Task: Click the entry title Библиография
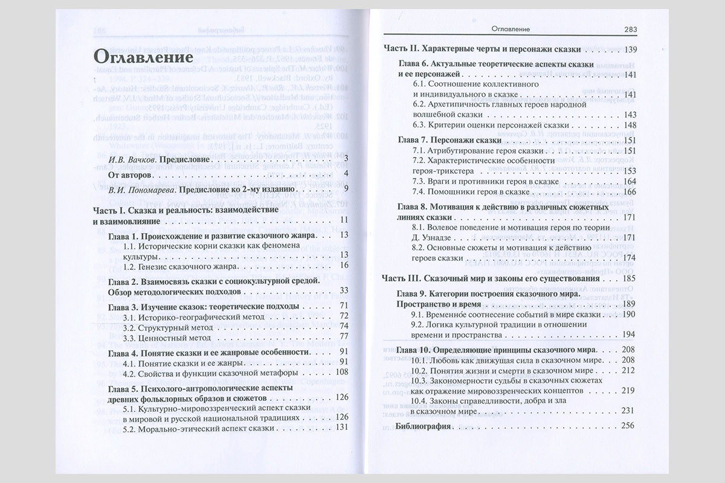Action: pos(424,426)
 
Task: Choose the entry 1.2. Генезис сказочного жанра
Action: pos(173,265)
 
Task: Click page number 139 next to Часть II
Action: pos(631,49)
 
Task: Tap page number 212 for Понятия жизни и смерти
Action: pos(629,369)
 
